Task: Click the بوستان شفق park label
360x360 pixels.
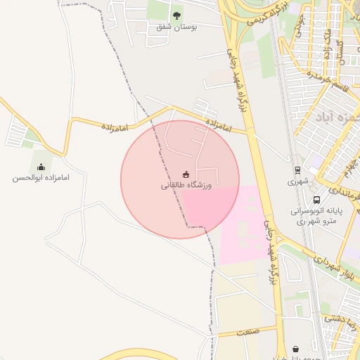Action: click(176, 27)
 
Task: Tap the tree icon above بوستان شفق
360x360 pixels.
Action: click(176, 15)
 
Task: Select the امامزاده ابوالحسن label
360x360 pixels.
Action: click(41, 178)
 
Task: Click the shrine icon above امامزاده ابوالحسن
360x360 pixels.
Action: click(41, 167)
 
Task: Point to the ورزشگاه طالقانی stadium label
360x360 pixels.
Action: click(186, 185)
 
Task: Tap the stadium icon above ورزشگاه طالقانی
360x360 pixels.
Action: click(186, 174)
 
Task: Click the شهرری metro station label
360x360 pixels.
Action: click(298, 181)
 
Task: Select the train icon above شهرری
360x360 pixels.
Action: click(298, 169)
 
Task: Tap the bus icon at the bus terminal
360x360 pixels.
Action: click(316, 200)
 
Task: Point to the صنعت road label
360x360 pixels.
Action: click(247, 331)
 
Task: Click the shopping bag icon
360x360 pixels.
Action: click(295, 349)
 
